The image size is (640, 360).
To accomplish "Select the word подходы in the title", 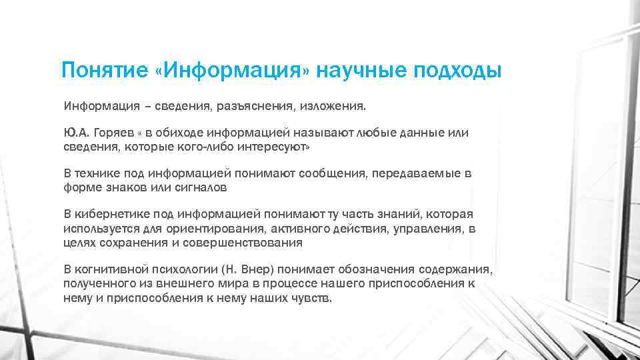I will [459, 70].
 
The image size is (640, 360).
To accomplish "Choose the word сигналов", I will [199, 187].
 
